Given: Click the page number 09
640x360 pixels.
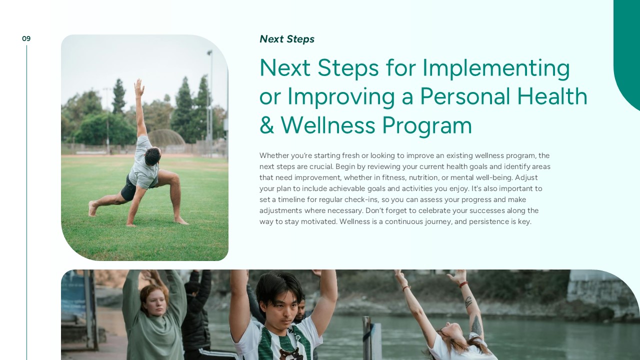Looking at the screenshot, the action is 26,38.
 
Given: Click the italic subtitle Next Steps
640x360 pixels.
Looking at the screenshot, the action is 287,39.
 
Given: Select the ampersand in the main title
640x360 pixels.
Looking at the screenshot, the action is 266,125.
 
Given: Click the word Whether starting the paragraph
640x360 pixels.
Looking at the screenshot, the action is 274,155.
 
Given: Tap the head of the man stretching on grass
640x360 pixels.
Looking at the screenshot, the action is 153,156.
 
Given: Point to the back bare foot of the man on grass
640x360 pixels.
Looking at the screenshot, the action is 92,209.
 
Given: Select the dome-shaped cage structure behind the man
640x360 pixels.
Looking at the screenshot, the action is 166,137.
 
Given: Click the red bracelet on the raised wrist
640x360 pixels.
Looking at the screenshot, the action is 463,284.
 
